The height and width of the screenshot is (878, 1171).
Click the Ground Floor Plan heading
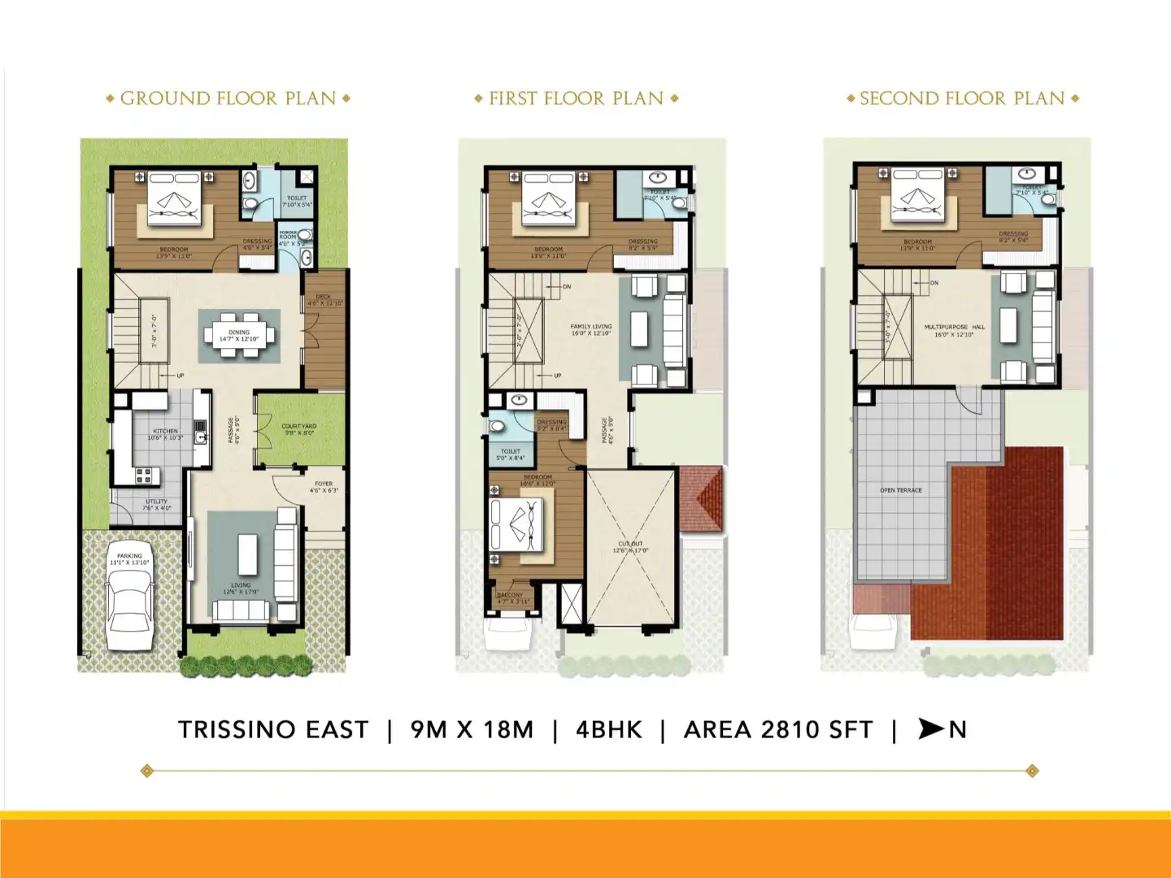tap(228, 98)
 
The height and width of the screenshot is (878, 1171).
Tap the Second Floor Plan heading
tap(962, 98)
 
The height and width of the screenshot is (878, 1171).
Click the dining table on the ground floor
tap(239, 334)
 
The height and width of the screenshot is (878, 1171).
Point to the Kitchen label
tap(165, 432)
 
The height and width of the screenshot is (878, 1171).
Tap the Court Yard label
tap(299, 427)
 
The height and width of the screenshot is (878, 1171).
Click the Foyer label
tap(324, 485)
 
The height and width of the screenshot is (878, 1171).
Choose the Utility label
tap(156, 502)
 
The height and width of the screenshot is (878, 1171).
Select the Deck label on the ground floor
tap(324, 298)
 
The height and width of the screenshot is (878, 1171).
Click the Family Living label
tap(591, 327)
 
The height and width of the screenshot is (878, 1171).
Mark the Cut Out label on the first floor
tap(630, 545)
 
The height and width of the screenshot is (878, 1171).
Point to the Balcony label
tap(511, 596)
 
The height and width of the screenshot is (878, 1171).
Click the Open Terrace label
tap(901, 490)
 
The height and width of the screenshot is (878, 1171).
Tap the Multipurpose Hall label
tap(955, 328)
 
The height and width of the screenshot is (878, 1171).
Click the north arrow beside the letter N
tap(930, 729)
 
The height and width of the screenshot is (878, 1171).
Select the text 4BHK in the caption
tap(609, 730)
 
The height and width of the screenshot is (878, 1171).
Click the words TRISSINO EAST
tap(273, 730)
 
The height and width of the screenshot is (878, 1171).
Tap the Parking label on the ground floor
tap(129, 557)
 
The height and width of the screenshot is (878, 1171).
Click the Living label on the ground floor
tap(241, 585)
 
